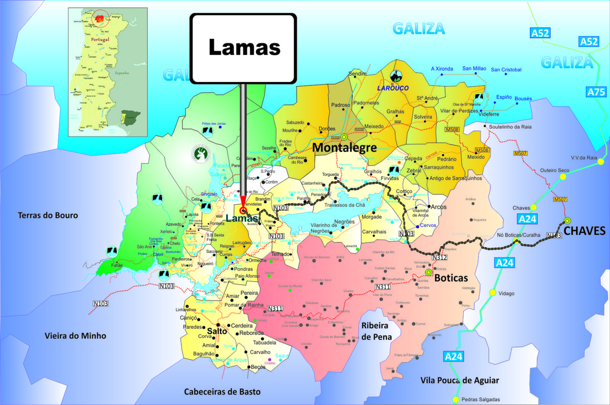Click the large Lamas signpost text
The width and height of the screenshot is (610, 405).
coord(244,47)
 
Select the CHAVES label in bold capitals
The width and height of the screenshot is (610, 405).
coord(584,231)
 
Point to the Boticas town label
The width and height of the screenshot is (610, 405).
coord(451,278)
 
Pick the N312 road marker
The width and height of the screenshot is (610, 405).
coord(439,258)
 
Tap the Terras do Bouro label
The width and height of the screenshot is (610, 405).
coord(48,215)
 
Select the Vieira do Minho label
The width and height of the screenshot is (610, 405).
coord(75,336)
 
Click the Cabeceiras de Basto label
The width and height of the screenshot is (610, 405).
coord(223,392)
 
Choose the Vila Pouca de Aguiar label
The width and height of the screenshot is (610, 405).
coord(459,380)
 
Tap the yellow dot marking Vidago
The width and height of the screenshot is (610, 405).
coord(492,293)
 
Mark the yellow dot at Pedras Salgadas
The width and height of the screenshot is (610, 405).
coord(456,399)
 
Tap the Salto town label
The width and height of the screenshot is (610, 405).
coord(216,331)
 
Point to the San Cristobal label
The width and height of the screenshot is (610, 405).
coord(506,70)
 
